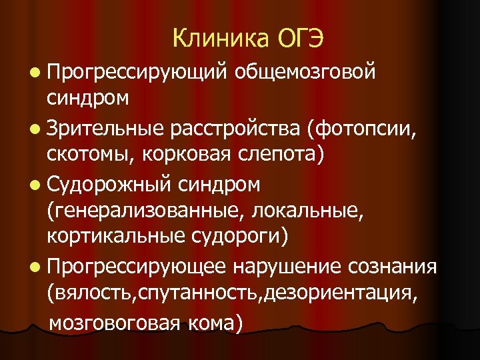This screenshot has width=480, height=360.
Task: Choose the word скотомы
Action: tap(87, 153)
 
